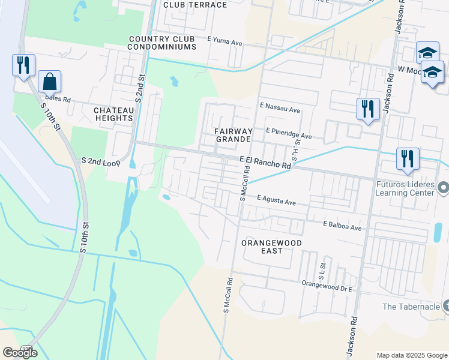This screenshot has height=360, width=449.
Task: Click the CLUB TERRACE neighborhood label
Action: pyautogui.click(x=195, y=5)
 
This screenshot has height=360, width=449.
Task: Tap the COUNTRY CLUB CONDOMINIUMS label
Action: pyautogui.click(x=162, y=42)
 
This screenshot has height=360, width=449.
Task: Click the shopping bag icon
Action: pyautogui.click(x=49, y=82)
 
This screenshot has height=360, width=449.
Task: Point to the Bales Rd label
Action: pyautogui.click(x=58, y=99)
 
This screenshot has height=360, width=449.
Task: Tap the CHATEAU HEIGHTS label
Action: pyautogui.click(x=113, y=114)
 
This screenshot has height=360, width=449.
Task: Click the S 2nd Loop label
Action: pyautogui.click(x=101, y=161)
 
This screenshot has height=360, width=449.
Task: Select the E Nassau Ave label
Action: pyautogui.click(x=280, y=110)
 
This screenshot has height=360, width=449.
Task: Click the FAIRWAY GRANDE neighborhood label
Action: pyautogui.click(x=233, y=135)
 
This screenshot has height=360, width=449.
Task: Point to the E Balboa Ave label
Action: pyautogui.click(x=342, y=227)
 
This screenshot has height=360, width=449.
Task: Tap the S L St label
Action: pyautogui.click(x=322, y=269)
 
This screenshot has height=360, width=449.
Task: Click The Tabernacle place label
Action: pyautogui.click(x=411, y=307)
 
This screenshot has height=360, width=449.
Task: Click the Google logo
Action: pyautogui.click(x=20, y=353)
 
